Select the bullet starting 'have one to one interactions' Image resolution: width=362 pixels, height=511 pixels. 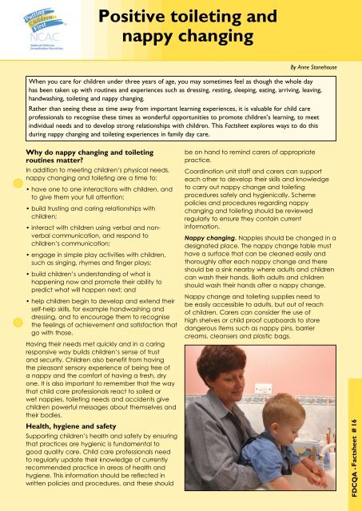coord(97,197)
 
